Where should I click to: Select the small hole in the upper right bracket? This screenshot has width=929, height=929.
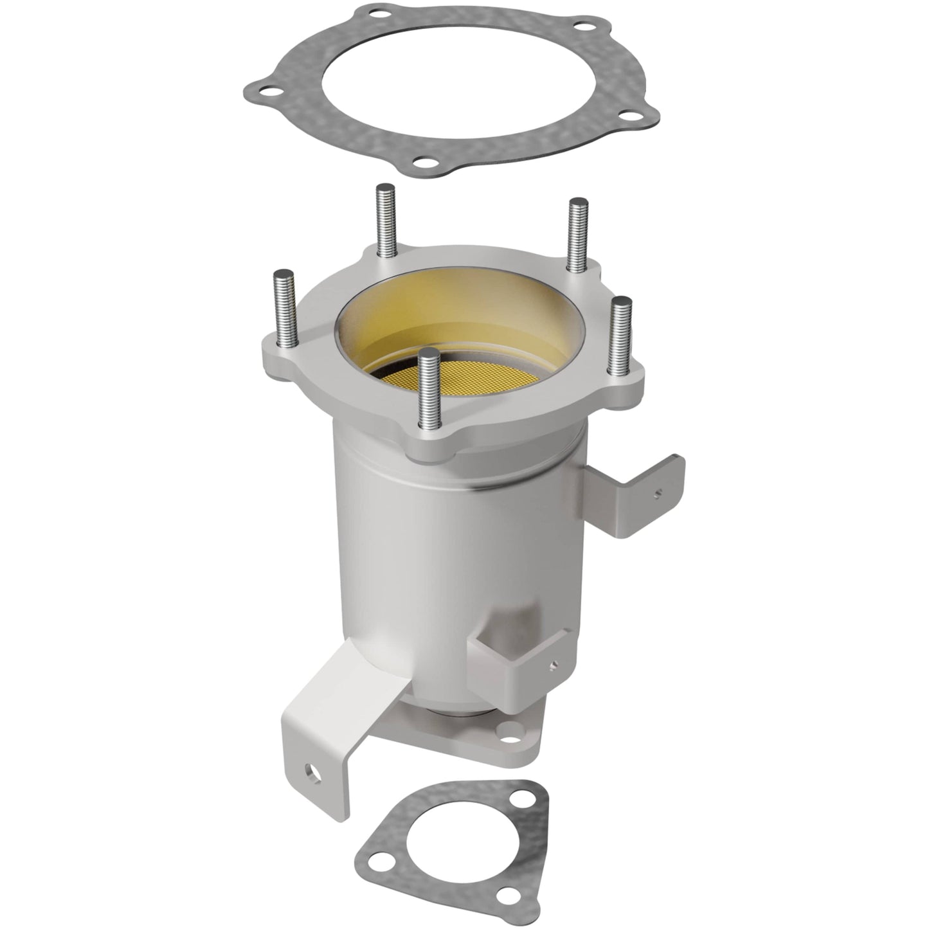[x=658, y=494]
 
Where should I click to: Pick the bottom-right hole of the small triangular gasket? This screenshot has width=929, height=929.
[x=510, y=894]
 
